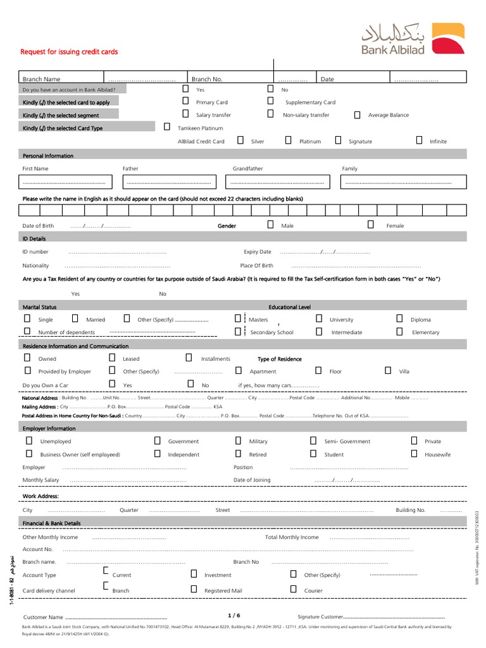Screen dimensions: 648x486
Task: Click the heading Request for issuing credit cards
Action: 70,52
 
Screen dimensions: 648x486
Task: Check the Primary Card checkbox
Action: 185,101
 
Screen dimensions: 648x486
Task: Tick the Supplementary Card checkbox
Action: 270,101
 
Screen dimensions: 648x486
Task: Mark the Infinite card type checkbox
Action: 419,140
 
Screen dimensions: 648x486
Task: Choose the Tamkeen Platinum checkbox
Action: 167,127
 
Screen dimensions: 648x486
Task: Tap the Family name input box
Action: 404,182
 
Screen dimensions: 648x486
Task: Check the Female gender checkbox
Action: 371,224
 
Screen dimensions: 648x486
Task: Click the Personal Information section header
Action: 48,156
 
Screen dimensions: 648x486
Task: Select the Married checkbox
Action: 75,318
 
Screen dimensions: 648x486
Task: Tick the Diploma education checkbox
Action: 399,318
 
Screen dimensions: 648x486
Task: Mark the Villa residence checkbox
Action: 387,370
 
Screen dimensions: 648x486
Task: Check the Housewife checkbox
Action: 414,454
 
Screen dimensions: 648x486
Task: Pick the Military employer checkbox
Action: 238,440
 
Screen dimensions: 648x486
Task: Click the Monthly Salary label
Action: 41,480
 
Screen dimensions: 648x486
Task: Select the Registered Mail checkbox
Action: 194,589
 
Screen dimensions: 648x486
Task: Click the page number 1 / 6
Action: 234,615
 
